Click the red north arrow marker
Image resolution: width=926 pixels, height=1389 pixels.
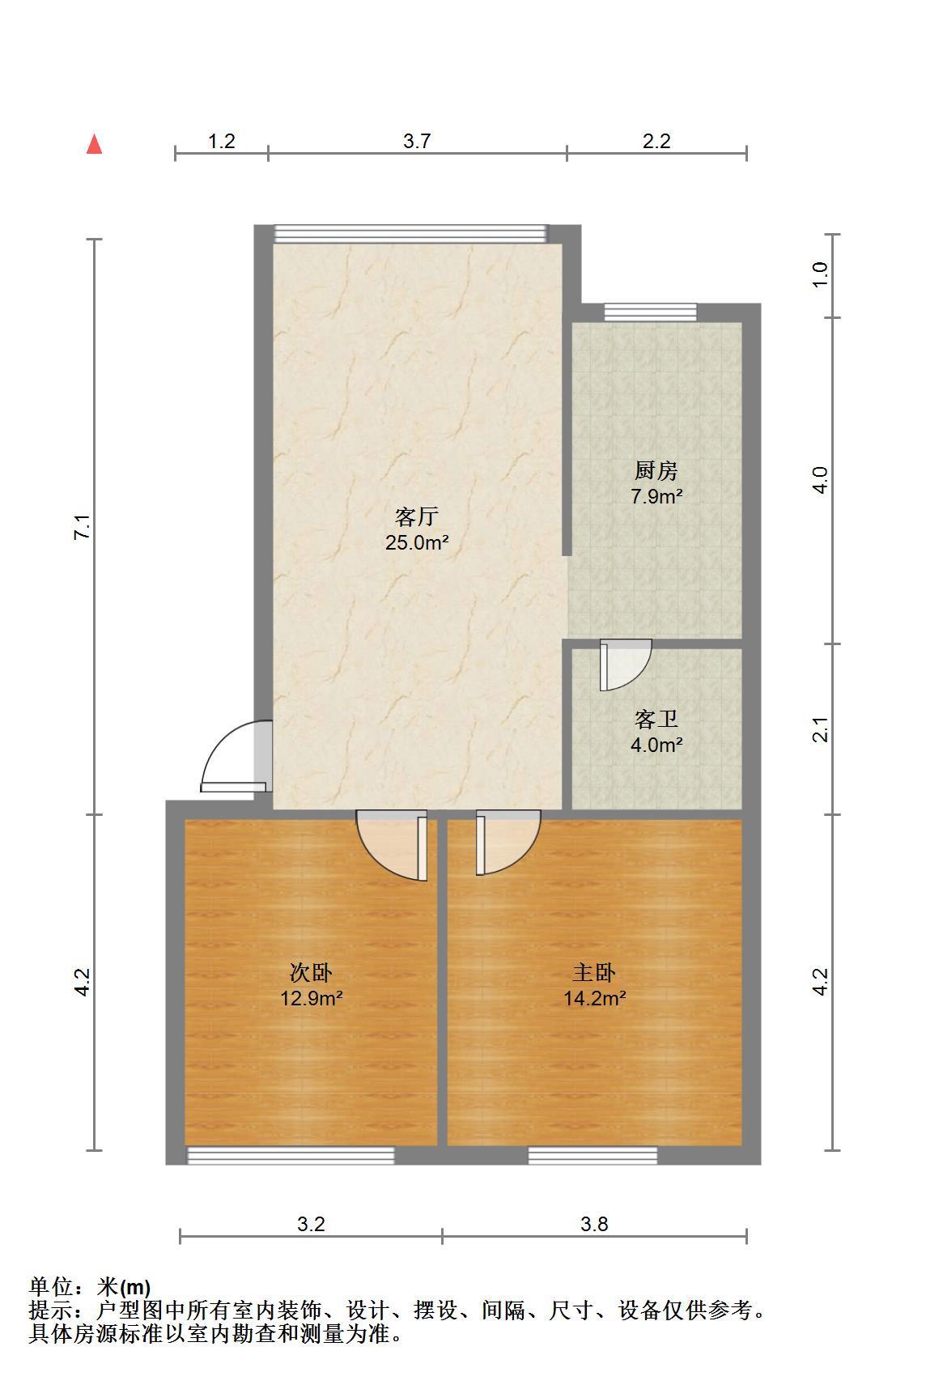(x=95, y=144)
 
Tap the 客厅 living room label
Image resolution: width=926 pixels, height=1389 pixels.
(x=416, y=516)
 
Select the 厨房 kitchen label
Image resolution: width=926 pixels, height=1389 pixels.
(x=656, y=470)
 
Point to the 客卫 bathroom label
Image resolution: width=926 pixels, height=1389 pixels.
(x=656, y=719)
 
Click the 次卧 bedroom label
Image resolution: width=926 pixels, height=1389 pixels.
(x=311, y=972)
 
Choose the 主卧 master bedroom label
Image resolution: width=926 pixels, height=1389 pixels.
(x=594, y=972)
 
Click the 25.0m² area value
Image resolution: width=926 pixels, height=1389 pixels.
(x=416, y=542)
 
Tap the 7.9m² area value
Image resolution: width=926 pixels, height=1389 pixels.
(x=656, y=496)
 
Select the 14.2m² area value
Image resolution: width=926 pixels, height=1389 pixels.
(x=594, y=998)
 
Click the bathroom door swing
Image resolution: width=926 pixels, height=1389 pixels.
(x=625, y=665)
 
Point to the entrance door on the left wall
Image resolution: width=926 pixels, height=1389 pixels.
(x=236, y=756)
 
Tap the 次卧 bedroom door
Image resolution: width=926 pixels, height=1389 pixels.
(x=393, y=845)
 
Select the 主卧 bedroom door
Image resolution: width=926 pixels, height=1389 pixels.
(x=508, y=842)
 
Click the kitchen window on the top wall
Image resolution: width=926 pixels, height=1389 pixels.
(x=650, y=312)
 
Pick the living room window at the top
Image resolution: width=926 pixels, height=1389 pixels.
(x=410, y=234)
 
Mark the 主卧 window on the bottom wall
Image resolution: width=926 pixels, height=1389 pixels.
(x=593, y=1156)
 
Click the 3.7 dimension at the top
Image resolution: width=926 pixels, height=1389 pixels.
(x=417, y=141)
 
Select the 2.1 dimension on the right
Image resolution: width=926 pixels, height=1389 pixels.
(x=822, y=729)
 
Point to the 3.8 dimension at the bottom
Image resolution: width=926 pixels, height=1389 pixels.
(x=594, y=1224)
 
